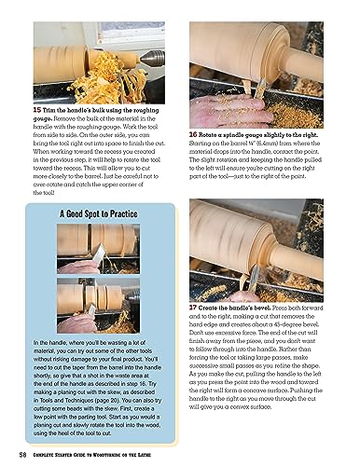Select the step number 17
[x=192, y=307]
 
